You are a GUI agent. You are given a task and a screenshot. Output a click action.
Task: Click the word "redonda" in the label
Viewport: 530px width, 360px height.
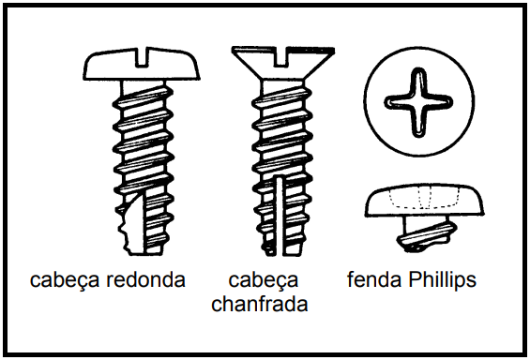tap(145, 279)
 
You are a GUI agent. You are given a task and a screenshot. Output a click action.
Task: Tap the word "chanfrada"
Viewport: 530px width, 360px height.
tap(260, 304)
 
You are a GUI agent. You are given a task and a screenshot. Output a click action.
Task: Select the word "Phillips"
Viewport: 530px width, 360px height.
tap(442, 280)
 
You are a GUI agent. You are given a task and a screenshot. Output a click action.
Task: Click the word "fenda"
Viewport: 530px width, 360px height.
tap(375, 279)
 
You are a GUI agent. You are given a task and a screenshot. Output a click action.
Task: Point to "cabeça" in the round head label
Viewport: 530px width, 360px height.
tap(65, 280)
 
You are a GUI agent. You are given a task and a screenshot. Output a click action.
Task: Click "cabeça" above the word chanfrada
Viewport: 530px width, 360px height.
tap(264, 280)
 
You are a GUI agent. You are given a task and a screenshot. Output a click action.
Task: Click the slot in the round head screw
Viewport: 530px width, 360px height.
tap(143, 57)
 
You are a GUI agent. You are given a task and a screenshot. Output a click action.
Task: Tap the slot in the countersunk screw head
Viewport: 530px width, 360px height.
tap(281, 56)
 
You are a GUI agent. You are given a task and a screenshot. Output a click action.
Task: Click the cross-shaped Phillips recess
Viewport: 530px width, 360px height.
tap(418, 102)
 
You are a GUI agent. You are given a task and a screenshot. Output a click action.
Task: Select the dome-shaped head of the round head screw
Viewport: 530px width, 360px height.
tap(142, 64)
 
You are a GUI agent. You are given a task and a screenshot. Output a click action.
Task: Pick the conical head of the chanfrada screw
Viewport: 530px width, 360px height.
tap(283, 64)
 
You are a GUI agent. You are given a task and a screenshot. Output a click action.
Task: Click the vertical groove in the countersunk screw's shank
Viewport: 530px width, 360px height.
tap(279, 217)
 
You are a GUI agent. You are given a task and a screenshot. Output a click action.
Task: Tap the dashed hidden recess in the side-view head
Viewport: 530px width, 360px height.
tap(425, 199)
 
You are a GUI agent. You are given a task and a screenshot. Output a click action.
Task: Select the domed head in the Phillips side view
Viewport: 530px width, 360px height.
tap(425, 200)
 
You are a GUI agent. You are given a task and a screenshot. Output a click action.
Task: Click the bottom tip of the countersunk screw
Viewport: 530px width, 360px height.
tap(281, 254)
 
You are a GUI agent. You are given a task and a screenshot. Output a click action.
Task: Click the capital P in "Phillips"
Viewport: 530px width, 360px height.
tap(414, 279)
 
